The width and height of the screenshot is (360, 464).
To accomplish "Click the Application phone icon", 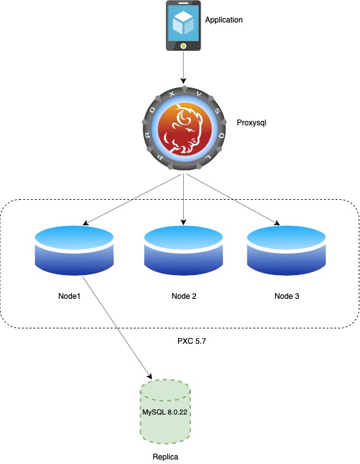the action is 183,26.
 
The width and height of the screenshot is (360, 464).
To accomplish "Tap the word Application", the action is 224,20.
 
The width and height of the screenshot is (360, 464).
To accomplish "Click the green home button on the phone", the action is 184,46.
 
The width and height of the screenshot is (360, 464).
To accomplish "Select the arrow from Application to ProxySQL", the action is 183,67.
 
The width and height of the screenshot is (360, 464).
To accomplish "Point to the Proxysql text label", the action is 251,123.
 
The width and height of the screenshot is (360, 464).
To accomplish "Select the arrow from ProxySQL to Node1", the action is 132,200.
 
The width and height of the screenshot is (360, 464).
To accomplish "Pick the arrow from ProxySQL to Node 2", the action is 184,199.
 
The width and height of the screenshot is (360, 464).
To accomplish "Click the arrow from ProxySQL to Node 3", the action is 233,200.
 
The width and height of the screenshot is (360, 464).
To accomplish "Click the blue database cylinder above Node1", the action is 74,251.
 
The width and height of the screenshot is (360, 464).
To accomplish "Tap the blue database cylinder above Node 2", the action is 183,251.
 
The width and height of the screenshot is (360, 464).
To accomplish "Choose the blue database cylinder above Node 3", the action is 286,251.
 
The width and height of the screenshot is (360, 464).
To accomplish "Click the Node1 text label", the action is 69,296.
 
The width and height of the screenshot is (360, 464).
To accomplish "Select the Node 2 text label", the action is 184,296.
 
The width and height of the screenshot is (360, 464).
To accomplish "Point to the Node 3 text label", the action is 287,296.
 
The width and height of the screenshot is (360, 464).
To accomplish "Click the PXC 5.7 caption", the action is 192,341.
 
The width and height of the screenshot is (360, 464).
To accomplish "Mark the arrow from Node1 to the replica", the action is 117,328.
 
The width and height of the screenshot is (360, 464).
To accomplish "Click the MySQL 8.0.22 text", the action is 165,412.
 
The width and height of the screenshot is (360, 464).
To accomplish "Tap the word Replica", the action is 165,456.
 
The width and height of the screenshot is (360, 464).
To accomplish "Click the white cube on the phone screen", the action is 184,22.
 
